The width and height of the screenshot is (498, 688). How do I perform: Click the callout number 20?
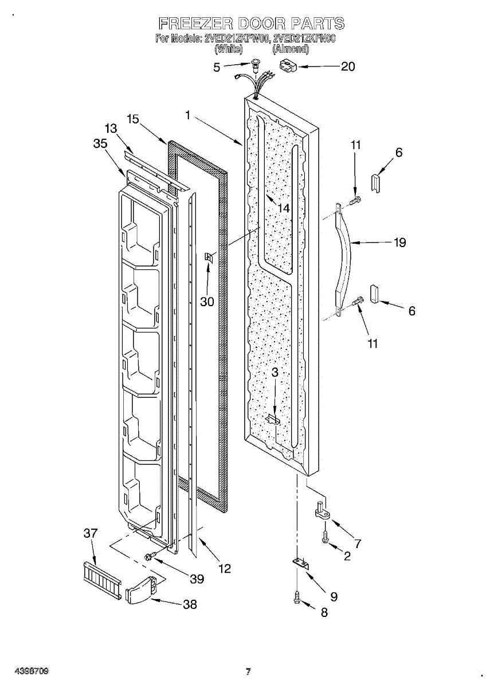tap(348, 67)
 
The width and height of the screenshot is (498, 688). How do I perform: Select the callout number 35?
tap(100, 144)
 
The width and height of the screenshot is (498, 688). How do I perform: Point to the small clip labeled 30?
tap(209, 259)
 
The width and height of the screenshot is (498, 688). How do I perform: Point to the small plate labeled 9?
tap(300, 564)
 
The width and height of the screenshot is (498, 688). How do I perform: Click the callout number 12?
tap(225, 568)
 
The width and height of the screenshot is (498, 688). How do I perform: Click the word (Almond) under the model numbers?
tap(291, 49)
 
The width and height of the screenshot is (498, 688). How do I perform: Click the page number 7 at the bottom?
tap(248, 672)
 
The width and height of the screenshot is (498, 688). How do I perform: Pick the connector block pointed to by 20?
tap(287, 67)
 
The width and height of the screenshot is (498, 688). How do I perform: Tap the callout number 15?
tap(133, 119)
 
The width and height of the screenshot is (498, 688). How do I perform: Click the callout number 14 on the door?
tap(284, 208)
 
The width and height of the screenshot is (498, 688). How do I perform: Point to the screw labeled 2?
tap(325, 539)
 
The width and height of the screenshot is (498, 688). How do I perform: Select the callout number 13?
tap(111, 128)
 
